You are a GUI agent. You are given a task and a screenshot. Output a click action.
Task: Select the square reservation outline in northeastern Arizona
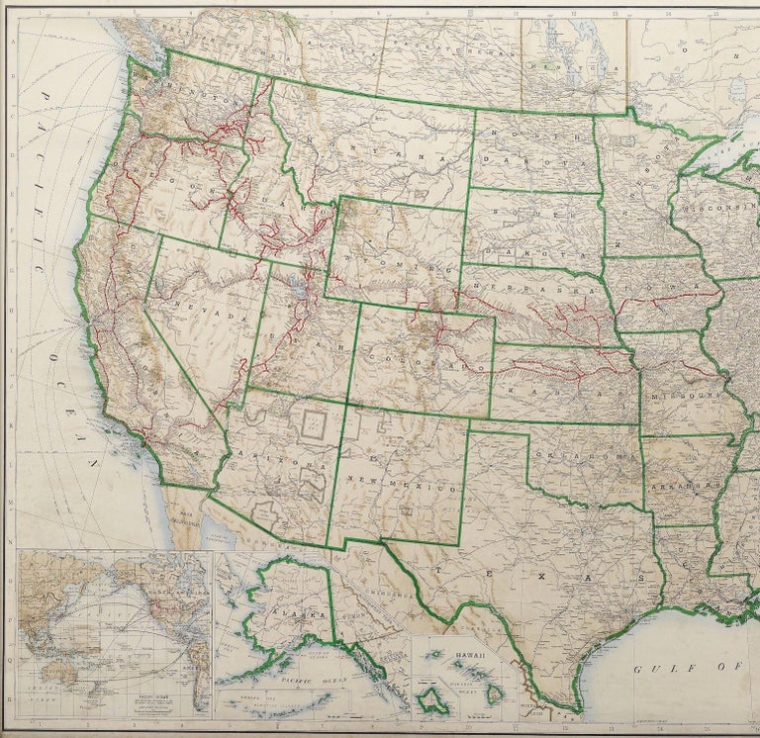click(315, 426)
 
